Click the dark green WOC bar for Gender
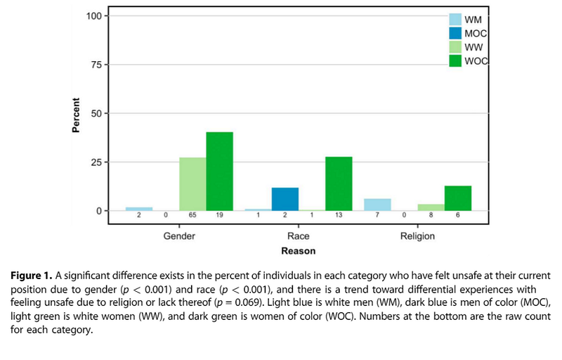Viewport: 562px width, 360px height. pyautogui.click(x=219, y=172)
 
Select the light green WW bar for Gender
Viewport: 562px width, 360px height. pyautogui.click(x=192, y=184)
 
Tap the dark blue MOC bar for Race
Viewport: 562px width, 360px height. pyautogui.click(x=285, y=199)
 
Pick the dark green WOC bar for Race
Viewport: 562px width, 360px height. pyautogui.click(x=339, y=184)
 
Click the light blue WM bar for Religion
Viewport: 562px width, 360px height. pyautogui.click(x=378, y=205)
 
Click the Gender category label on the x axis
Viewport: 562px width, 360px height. pyautogui.click(x=179, y=236)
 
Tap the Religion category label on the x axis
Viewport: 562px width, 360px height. pyautogui.click(x=418, y=236)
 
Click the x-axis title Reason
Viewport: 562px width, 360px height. pyautogui.click(x=298, y=250)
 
